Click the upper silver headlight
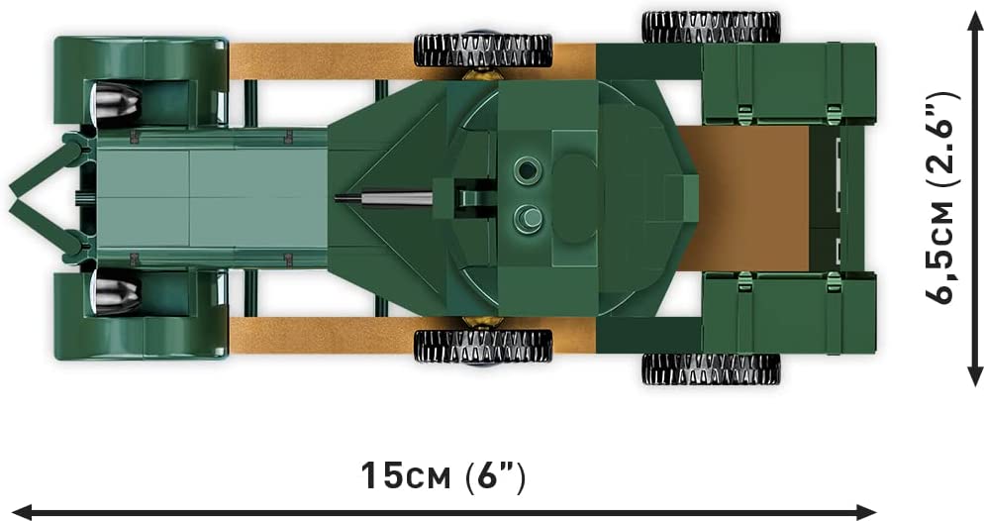[116, 101]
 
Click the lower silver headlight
[116, 295]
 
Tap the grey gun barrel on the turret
[383, 199]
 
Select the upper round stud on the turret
[528, 170]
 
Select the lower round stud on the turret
[528, 218]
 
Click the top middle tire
[483, 51]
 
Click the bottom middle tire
[483, 346]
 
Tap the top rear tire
[712, 27]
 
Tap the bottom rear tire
[712, 369]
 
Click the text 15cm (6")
[443, 477]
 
